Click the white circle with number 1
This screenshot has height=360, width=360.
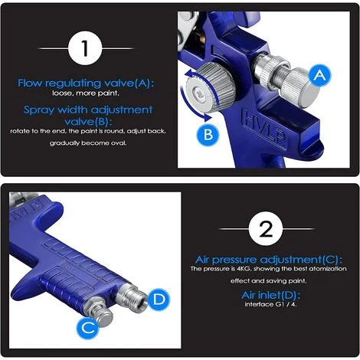[x=85, y=51]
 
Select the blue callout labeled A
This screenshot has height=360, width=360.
[x=321, y=75]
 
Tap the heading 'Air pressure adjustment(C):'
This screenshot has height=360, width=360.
[x=266, y=259]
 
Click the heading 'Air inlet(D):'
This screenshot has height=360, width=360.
[x=266, y=294]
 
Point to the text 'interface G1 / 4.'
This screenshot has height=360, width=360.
[x=266, y=304]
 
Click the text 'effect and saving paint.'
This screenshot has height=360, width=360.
[x=266, y=280]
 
